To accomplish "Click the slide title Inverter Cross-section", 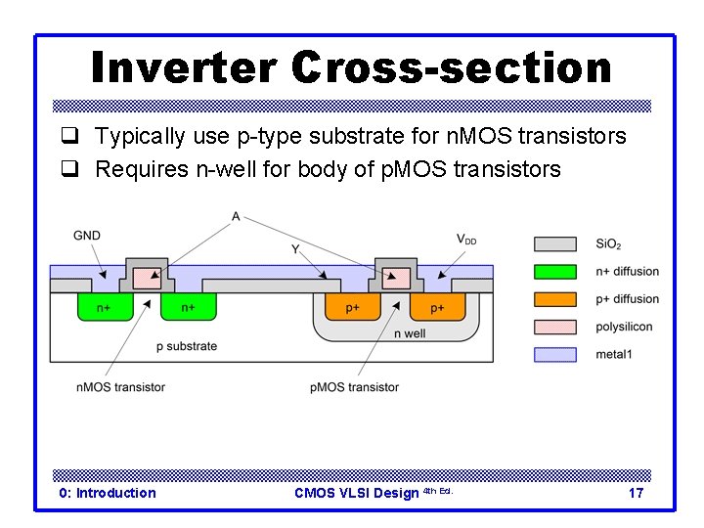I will tap(351, 67).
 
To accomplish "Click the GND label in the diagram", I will tap(87, 236).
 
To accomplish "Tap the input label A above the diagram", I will tap(236, 216).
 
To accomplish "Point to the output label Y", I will tap(294, 249).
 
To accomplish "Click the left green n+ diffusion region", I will tap(103, 307).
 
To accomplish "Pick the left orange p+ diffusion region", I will tap(353, 307).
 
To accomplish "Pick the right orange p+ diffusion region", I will tap(436, 307).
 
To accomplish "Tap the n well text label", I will tap(410, 333).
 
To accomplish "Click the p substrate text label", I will tap(187, 346).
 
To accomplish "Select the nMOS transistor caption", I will tap(120, 387).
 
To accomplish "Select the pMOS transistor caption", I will tap(354, 387).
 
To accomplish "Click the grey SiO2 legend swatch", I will tap(555, 243).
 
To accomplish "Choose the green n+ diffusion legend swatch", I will tap(555, 272).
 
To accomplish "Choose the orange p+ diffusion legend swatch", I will tap(555, 299).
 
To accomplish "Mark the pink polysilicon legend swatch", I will tap(555, 327).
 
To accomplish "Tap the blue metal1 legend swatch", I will tap(555, 354).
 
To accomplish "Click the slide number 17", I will tap(636, 493).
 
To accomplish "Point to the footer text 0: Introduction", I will tap(108, 493).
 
